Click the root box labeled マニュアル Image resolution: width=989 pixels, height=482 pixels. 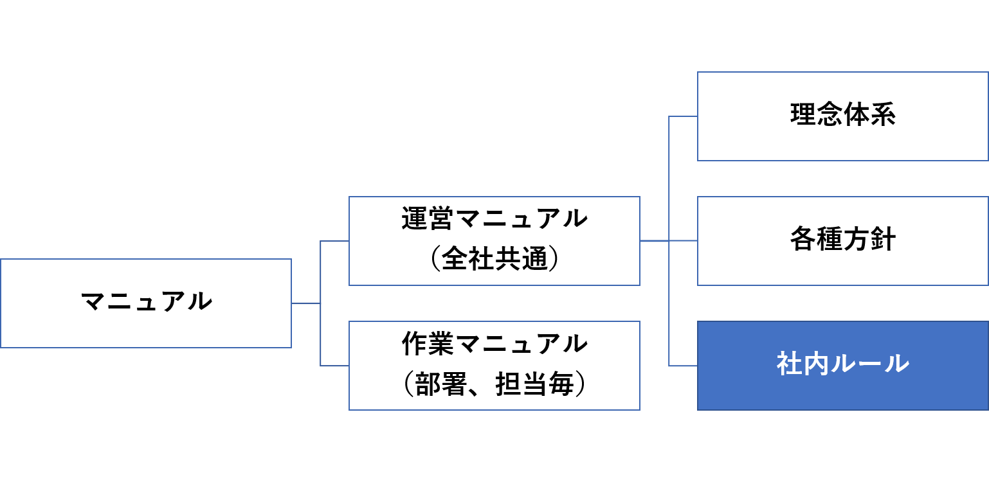[x=146, y=303]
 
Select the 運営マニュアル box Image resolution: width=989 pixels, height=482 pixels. [x=494, y=240]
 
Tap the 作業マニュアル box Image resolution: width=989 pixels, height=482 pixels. [x=494, y=365]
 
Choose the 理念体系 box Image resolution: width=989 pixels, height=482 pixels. [x=842, y=116]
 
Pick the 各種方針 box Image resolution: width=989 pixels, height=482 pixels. [x=842, y=240]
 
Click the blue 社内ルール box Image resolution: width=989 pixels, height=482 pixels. [x=842, y=365]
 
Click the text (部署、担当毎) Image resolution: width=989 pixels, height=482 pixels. [x=494, y=385]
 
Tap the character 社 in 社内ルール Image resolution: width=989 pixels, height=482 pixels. [x=789, y=364]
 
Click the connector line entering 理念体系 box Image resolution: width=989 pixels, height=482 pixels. [x=684, y=116]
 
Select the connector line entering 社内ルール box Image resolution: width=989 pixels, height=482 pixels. [x=684, y=366]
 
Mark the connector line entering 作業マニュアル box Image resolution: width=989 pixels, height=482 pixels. [x=334, y=366]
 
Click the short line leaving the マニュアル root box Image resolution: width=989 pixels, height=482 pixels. [x=305, y=303]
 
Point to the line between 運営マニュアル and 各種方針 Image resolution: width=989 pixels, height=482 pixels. [x=669, y=241]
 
